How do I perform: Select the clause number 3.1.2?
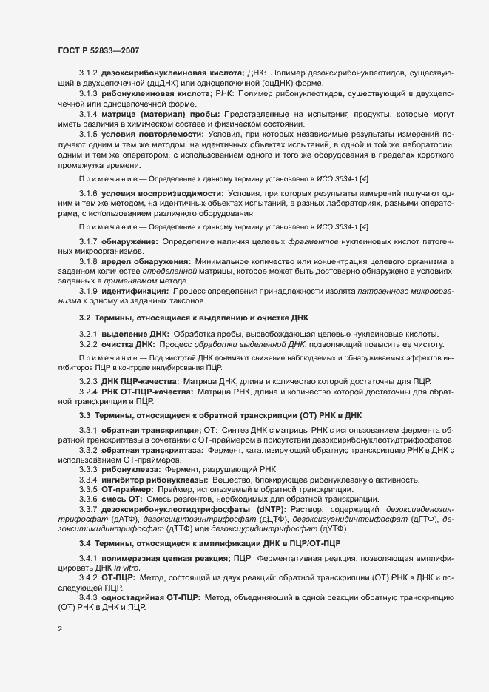click(89, 75)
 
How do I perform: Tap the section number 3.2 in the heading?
click(84, 318)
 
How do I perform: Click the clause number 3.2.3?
click(89, 380)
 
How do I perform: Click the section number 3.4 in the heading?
click(84, 544)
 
